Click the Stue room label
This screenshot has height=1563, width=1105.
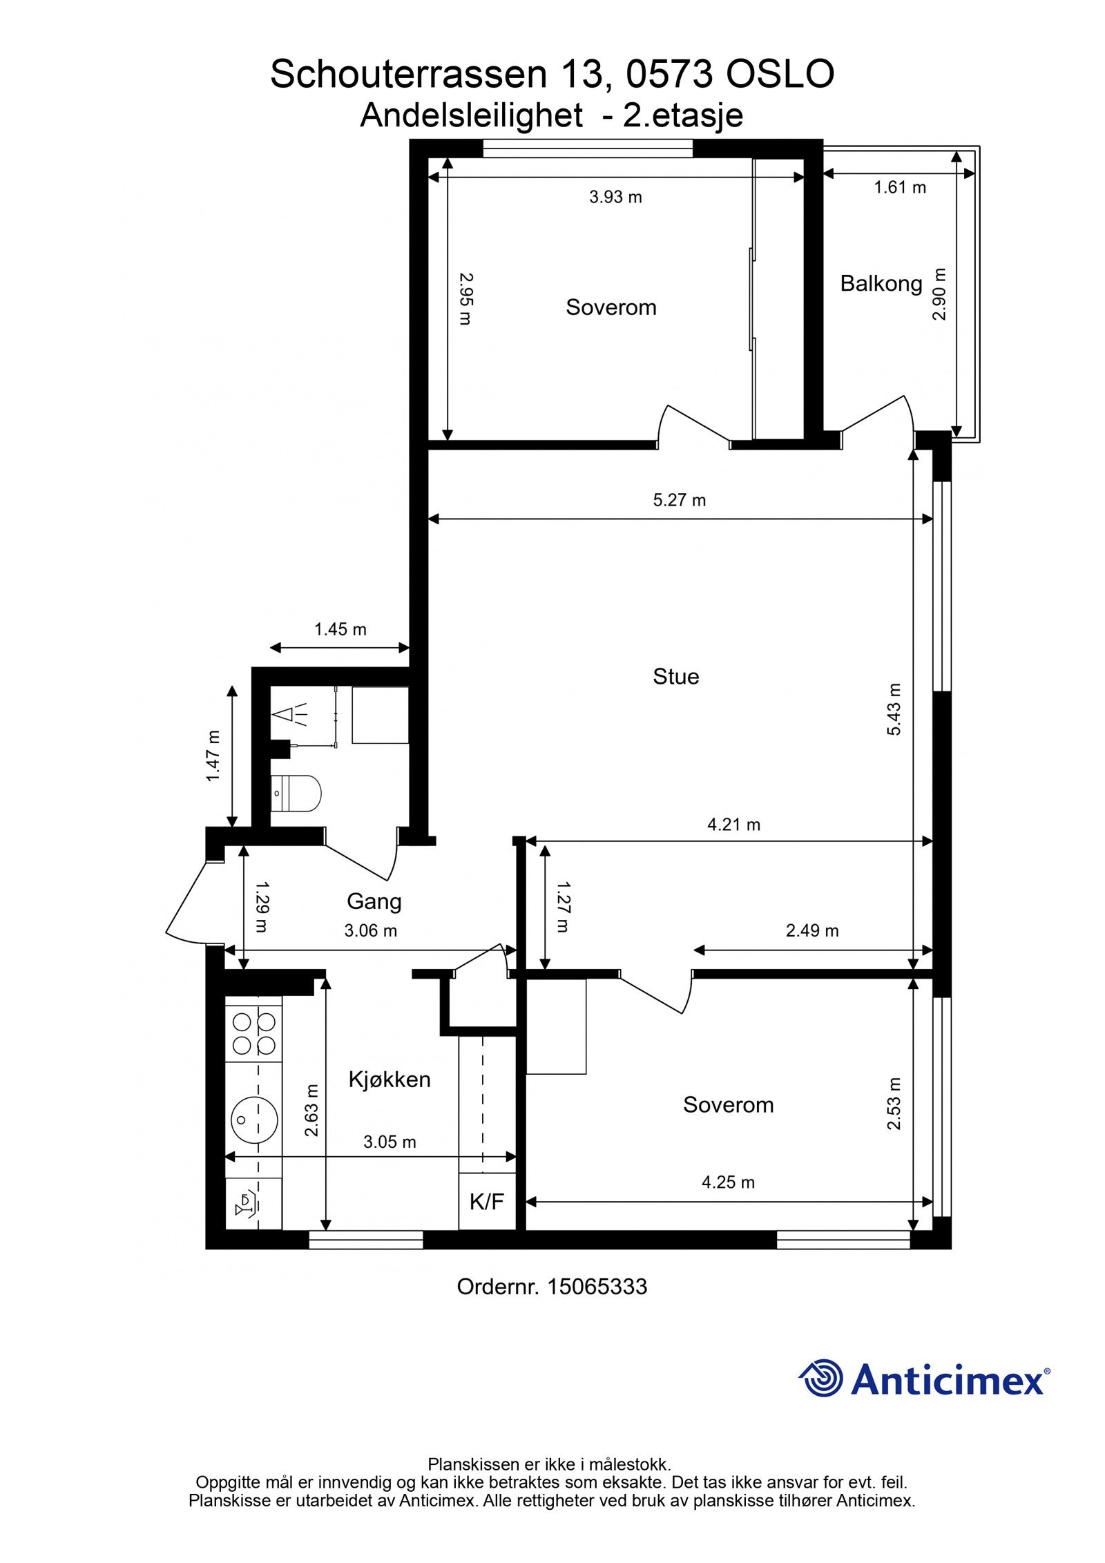[675, 676]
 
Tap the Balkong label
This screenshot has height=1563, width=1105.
[881, 283]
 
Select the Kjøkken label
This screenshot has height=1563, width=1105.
[389, 1079]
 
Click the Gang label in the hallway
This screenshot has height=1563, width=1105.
[374, 901]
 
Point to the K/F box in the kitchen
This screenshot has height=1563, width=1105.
[486, 1202]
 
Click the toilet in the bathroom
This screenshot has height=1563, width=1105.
[297, 792]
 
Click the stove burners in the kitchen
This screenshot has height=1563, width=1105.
[253, 1033]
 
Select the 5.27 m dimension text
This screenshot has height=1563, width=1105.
[680, 500]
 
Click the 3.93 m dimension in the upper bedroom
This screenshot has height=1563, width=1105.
[615, 198]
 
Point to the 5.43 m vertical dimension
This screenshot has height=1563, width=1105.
[894, 709]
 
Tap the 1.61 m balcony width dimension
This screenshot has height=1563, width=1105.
[900, 187]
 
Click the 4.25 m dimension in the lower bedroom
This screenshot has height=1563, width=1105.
[728, 1182]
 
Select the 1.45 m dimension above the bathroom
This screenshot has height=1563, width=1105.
[340, 629]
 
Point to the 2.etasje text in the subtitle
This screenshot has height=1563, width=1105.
[682, 115]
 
